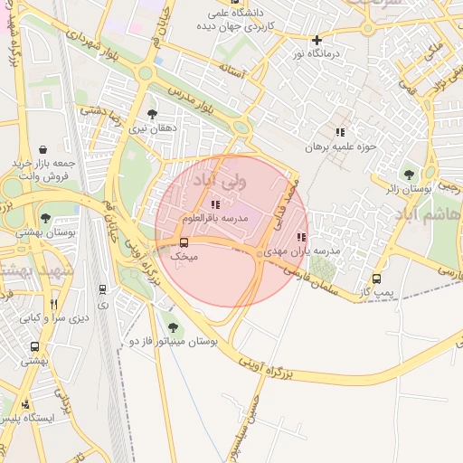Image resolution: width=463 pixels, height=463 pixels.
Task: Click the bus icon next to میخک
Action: (184, 242)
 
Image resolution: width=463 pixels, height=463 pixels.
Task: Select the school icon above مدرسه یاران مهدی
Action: (301, 237)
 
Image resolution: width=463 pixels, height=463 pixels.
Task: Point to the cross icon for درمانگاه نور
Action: (317, 40)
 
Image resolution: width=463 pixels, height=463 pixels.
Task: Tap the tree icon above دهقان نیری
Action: (151, 114)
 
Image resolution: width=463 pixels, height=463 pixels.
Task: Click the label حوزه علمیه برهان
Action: (339, 146)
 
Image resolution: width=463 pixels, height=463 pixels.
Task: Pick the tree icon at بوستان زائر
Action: (410, 174)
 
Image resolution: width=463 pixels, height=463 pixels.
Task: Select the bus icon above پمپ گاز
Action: (376, 279)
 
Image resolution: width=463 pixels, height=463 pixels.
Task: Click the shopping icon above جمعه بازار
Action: (43, 148)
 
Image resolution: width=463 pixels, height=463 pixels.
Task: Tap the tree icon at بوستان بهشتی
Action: (45, 218)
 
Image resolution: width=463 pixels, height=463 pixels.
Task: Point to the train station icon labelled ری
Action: (102, 289)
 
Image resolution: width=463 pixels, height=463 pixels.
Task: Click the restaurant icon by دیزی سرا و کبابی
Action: (53, 304)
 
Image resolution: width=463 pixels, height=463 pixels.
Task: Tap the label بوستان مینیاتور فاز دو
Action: (174, 343)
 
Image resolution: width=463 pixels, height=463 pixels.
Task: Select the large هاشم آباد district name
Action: (430, 217)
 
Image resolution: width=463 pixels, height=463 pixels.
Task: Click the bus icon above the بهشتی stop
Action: (35, 346)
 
